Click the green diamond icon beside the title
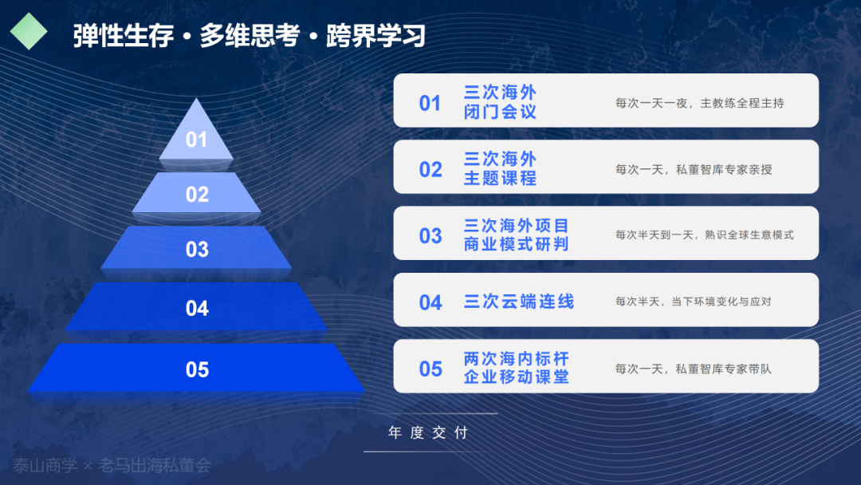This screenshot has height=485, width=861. tap(29, 31)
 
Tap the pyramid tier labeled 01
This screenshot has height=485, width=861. tap(196, 135)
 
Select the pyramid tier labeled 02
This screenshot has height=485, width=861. tap(197, 193)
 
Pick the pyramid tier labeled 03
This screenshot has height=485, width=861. tap(197, 248)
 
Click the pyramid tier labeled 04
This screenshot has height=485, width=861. tap(197, 307)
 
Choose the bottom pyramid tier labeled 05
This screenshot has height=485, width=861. tap(197, 368)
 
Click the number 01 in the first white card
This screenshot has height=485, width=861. tap(430, 103)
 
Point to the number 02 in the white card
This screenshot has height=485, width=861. tap(431, 170)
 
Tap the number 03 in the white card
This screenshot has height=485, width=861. tap(431, 236)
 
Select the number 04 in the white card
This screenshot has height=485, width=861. tap(431, 302)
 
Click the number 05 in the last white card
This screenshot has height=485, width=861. tap(431, 369)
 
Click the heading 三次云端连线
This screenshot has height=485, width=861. tap(519, 302)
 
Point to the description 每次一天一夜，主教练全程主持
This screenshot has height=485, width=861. tap(700, 103)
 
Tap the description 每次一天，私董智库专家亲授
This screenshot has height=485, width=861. tap(694, 170)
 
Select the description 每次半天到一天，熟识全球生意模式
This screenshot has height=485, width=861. tap(705, 235)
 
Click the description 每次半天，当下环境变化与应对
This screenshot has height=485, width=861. tap(694, 302)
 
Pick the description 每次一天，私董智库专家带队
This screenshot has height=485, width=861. tap(694, 369)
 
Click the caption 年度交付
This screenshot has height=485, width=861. tap(428, 433)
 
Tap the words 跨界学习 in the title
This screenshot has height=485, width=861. tap(376, 36)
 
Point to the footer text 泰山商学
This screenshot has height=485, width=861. tap(45, 466)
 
